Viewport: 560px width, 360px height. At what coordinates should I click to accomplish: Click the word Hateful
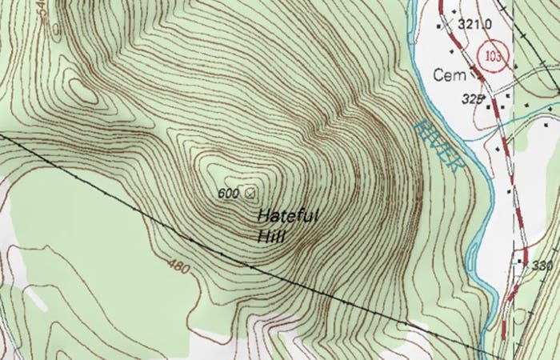[x=289, y=216]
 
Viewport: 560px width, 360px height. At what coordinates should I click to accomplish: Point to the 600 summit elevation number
[x=229, y=193]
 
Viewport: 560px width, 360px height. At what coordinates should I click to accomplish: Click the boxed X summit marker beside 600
[x=250, y=193]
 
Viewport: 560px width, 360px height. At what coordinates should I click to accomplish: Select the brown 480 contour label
[x=180, y=266]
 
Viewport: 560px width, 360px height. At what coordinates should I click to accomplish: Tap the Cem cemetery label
[x=446, y=74]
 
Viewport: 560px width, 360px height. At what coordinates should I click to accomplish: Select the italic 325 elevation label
[x=474, y=99]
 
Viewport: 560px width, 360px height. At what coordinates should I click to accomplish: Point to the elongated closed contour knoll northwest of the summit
[x=82, y=90]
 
